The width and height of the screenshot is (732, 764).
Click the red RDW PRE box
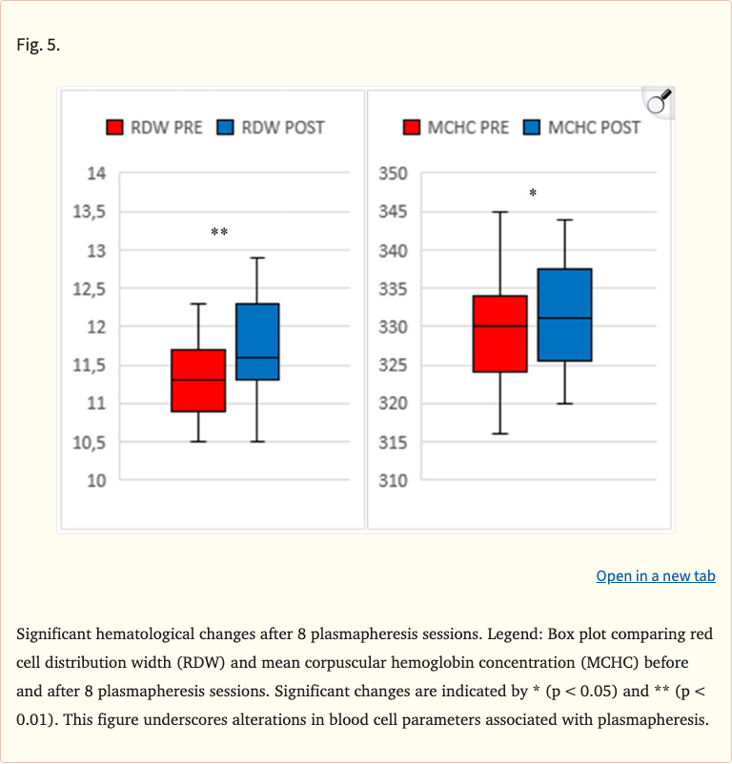click(198, 380)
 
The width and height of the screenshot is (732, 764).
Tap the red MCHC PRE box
click(500, 333)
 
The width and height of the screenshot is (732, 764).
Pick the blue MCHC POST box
click(564, 314)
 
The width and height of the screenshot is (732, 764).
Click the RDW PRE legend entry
click(153, 128)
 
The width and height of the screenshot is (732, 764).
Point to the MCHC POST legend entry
click(582, 128)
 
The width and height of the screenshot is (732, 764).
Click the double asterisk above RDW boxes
click(219, 232)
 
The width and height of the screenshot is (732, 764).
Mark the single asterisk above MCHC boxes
click(533, 193)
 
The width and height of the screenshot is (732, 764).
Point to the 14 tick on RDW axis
click(97, 173)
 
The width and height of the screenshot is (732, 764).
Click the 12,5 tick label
click(91, 289)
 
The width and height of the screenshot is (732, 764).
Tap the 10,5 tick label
click(91, 442)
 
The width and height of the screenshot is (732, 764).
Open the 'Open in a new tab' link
click(656, 575)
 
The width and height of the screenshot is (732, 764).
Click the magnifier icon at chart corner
click(658, 102)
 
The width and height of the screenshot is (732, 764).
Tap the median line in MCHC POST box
click(564, 318)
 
